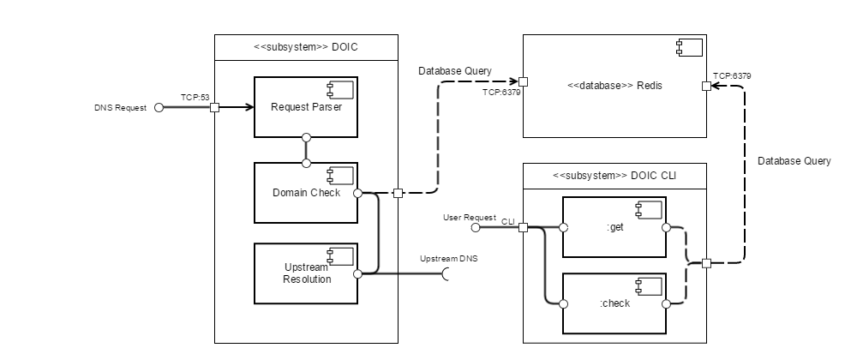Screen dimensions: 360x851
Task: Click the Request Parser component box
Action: coord(305,107)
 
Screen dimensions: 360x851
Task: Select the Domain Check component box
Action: coord(305,193)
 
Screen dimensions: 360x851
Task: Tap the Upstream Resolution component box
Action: coord(305,273)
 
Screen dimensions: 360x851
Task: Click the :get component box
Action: coord(614,227)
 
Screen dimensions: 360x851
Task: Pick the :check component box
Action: coord(614,303)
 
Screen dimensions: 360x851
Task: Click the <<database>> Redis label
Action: coord(614,86)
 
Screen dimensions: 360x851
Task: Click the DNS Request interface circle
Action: coord(159,108)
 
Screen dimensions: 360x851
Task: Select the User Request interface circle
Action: coord(476,228)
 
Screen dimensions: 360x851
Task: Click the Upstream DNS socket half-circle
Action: coord(446,274)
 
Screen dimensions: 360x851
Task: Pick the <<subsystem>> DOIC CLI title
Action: coord(614,176)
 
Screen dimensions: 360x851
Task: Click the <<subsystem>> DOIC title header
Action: coord(306,47)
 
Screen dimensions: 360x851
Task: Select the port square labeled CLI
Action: coord(523,228)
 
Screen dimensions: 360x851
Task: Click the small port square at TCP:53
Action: coord(214,108)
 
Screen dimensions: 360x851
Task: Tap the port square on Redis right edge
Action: coord(706,86)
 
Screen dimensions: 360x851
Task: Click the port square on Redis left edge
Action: coord(523,83)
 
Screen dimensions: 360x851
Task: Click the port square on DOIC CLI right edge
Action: coord(706,263)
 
